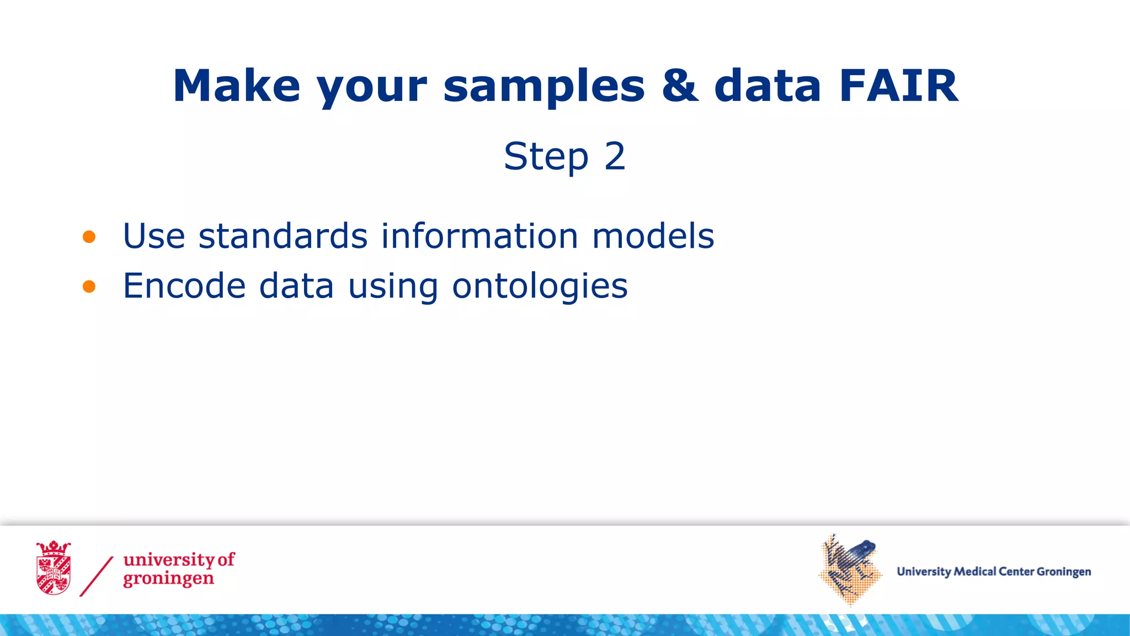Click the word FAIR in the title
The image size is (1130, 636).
(898, 86)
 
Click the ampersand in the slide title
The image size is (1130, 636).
(680, 86)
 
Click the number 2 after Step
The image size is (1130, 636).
(615, 156)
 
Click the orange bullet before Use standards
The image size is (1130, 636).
(89, 237)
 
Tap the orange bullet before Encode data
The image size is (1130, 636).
(89, 287)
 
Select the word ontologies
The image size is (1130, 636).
(540, 287)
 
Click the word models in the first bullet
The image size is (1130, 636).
(653, 236)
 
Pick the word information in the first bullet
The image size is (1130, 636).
(479, 236)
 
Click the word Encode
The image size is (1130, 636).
(184, 286)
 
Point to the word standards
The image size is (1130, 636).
(282, 236)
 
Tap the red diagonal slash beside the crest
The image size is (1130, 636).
(97, 576)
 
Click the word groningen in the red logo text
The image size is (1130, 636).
(168, 579)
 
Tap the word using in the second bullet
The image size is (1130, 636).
(393, 287)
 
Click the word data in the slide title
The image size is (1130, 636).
(767, 86)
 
